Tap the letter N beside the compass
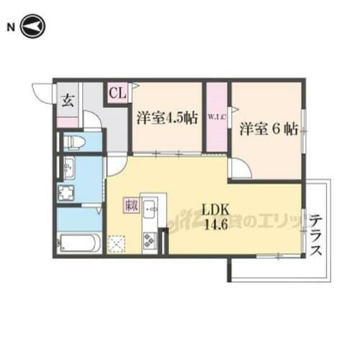[11, 27]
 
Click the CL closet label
[117, 93]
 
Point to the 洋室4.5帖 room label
[166, 120]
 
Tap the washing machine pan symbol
[69, 194]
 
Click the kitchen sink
[150, 210]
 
